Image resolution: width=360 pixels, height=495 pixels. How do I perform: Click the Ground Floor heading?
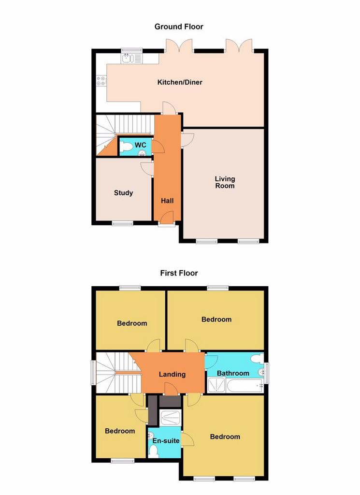(179, 27)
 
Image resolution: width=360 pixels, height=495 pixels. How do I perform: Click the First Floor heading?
(179, 273)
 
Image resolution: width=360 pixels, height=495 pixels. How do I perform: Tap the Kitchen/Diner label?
(180, 82)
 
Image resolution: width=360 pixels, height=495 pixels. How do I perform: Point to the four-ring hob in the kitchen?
(101, 81)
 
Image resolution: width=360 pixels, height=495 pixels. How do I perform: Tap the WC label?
(141, 145)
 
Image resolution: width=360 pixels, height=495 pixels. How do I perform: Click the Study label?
(123, 192)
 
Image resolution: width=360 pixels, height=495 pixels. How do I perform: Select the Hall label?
(167, 201)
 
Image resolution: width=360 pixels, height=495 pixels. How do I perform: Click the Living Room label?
(225, 182)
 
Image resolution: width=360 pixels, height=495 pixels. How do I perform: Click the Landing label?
(172, 375)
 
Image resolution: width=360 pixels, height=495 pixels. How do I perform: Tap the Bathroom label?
(233, 373)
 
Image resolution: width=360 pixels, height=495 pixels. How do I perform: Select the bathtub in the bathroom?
(245, 385)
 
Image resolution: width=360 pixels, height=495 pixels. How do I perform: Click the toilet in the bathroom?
(258, 358)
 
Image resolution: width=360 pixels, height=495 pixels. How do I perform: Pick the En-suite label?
(166, 441)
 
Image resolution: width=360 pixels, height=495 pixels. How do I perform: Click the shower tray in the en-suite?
(171, 417)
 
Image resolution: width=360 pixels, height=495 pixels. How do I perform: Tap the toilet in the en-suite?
(154, 451)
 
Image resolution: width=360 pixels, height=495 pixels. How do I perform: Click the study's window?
(122, 223)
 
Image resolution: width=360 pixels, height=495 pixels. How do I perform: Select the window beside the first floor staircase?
(93, 373)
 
